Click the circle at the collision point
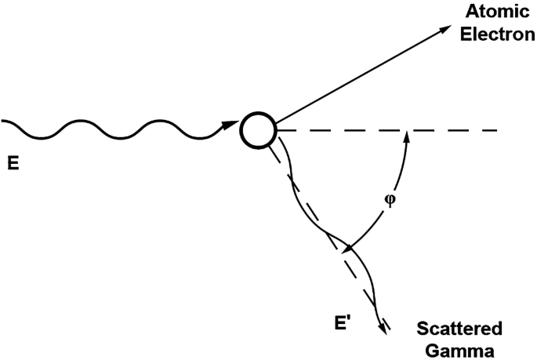click(257, 129)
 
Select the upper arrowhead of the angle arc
click(406, 135)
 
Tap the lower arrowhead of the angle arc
click(348, 250)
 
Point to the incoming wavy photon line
click(118, 129)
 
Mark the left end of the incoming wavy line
click(3, 121)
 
